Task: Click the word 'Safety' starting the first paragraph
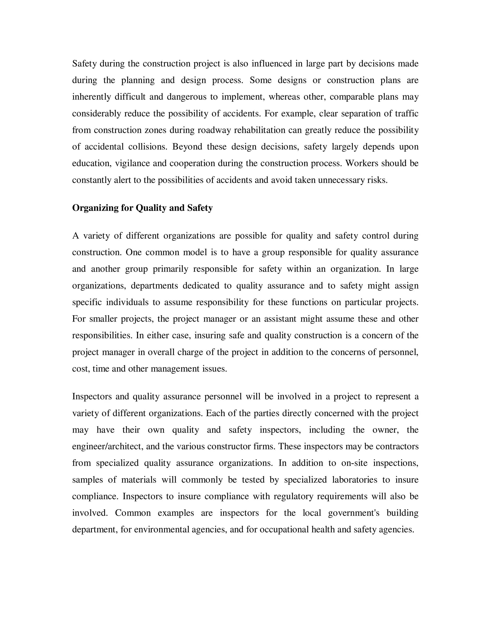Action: click(x=84, y=64)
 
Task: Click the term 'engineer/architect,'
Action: click(x=108, y=447)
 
